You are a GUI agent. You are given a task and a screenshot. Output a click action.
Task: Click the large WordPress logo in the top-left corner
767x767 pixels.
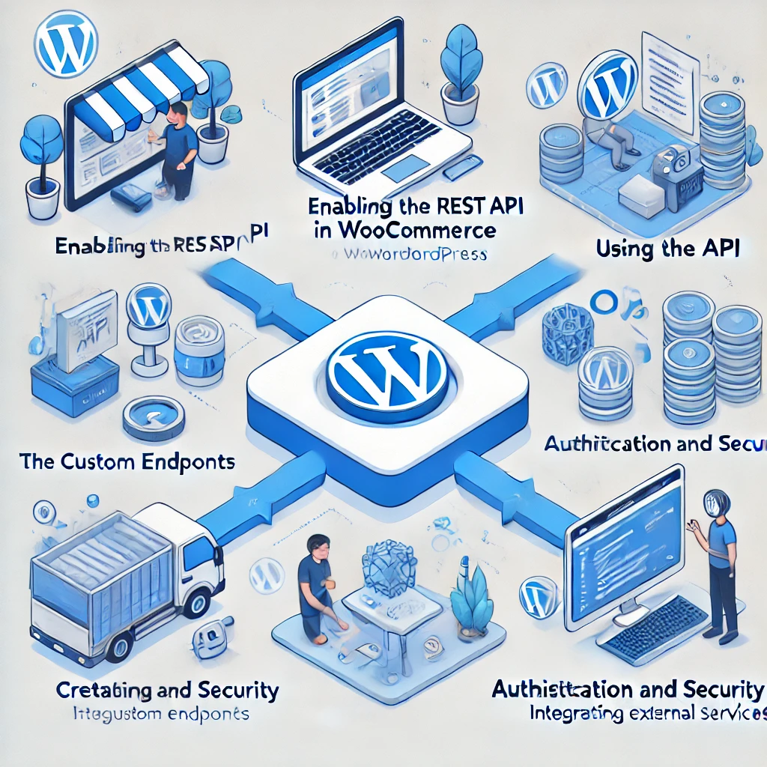(x=68, y=44)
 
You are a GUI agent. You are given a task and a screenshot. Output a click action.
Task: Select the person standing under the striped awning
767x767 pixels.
(x=178, y=150)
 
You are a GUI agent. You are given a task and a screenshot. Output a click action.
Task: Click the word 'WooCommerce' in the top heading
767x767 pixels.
(x=419, y=231)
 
